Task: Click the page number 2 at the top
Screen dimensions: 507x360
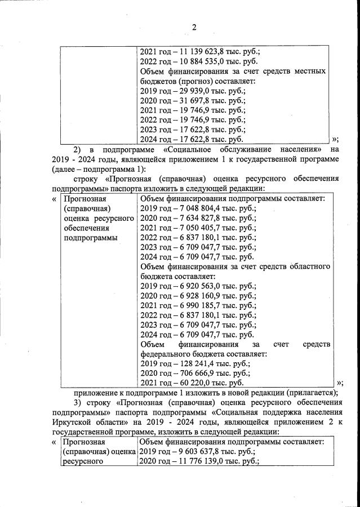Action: [194, 27]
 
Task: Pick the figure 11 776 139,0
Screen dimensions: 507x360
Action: [198, 461]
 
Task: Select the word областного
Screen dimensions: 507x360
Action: [306, 267]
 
